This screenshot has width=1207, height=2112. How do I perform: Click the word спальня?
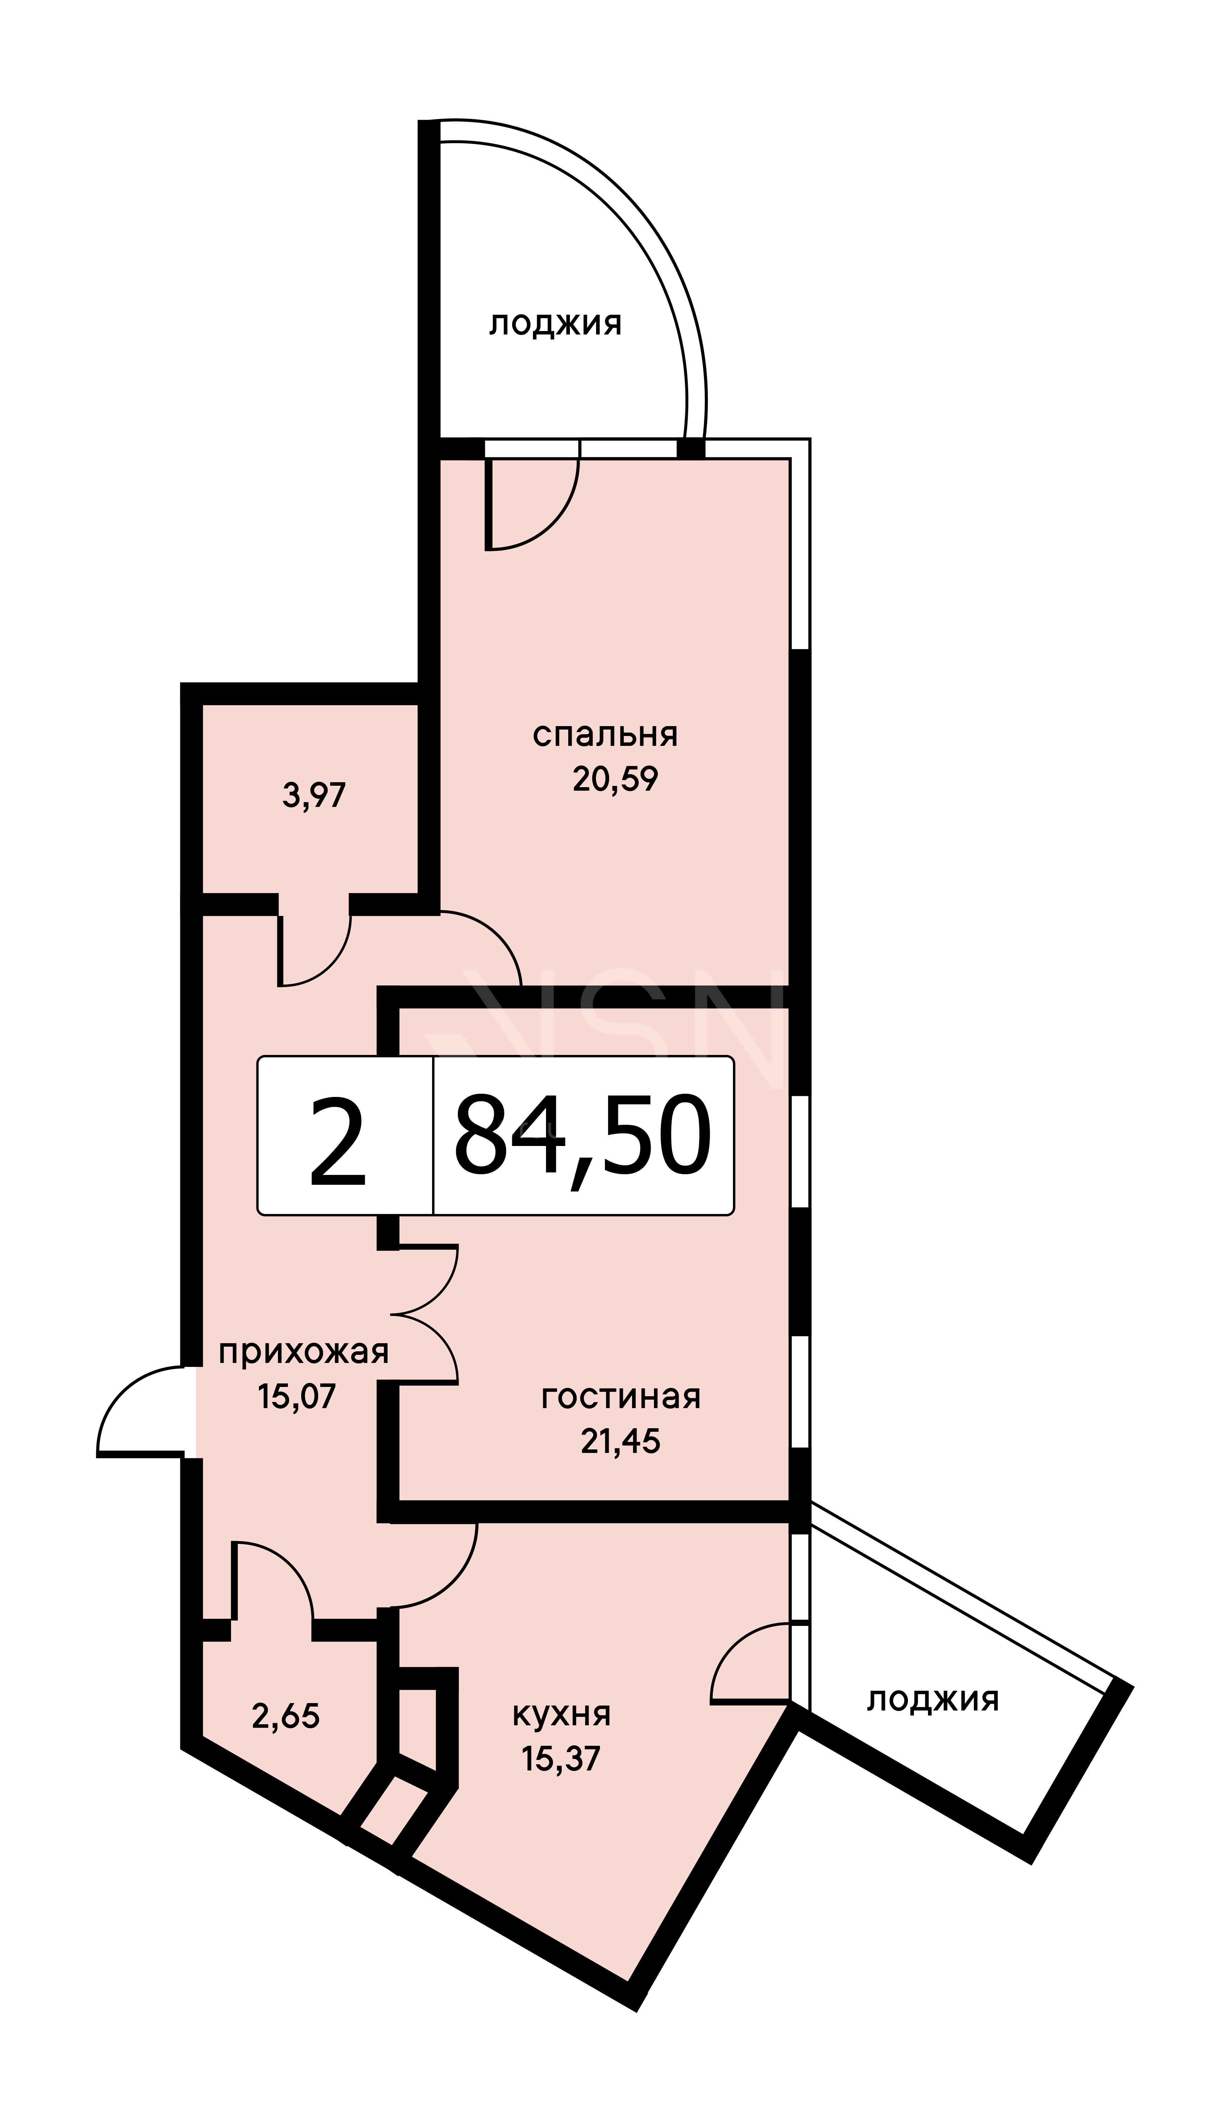[605, 735]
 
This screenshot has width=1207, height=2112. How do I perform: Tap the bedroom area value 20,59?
[615, 779]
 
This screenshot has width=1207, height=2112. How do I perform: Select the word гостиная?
[621, 1397]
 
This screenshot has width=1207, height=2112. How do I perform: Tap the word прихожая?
[303, 1352]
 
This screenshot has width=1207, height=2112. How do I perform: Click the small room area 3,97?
[314, 796]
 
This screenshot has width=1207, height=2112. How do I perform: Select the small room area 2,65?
[286, 1716]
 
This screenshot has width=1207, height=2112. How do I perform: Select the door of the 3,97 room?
[315, 950]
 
